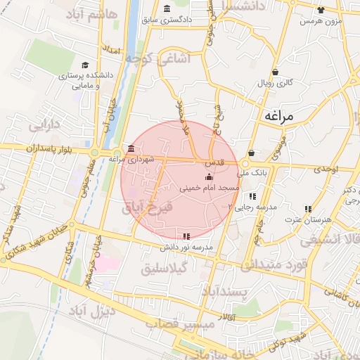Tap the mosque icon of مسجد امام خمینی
pos(208,179)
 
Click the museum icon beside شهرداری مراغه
pos(131,148)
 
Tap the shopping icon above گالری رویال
pos(275,72)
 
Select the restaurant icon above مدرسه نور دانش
pos(186,237)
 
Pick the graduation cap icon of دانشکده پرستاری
pos(84,65)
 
